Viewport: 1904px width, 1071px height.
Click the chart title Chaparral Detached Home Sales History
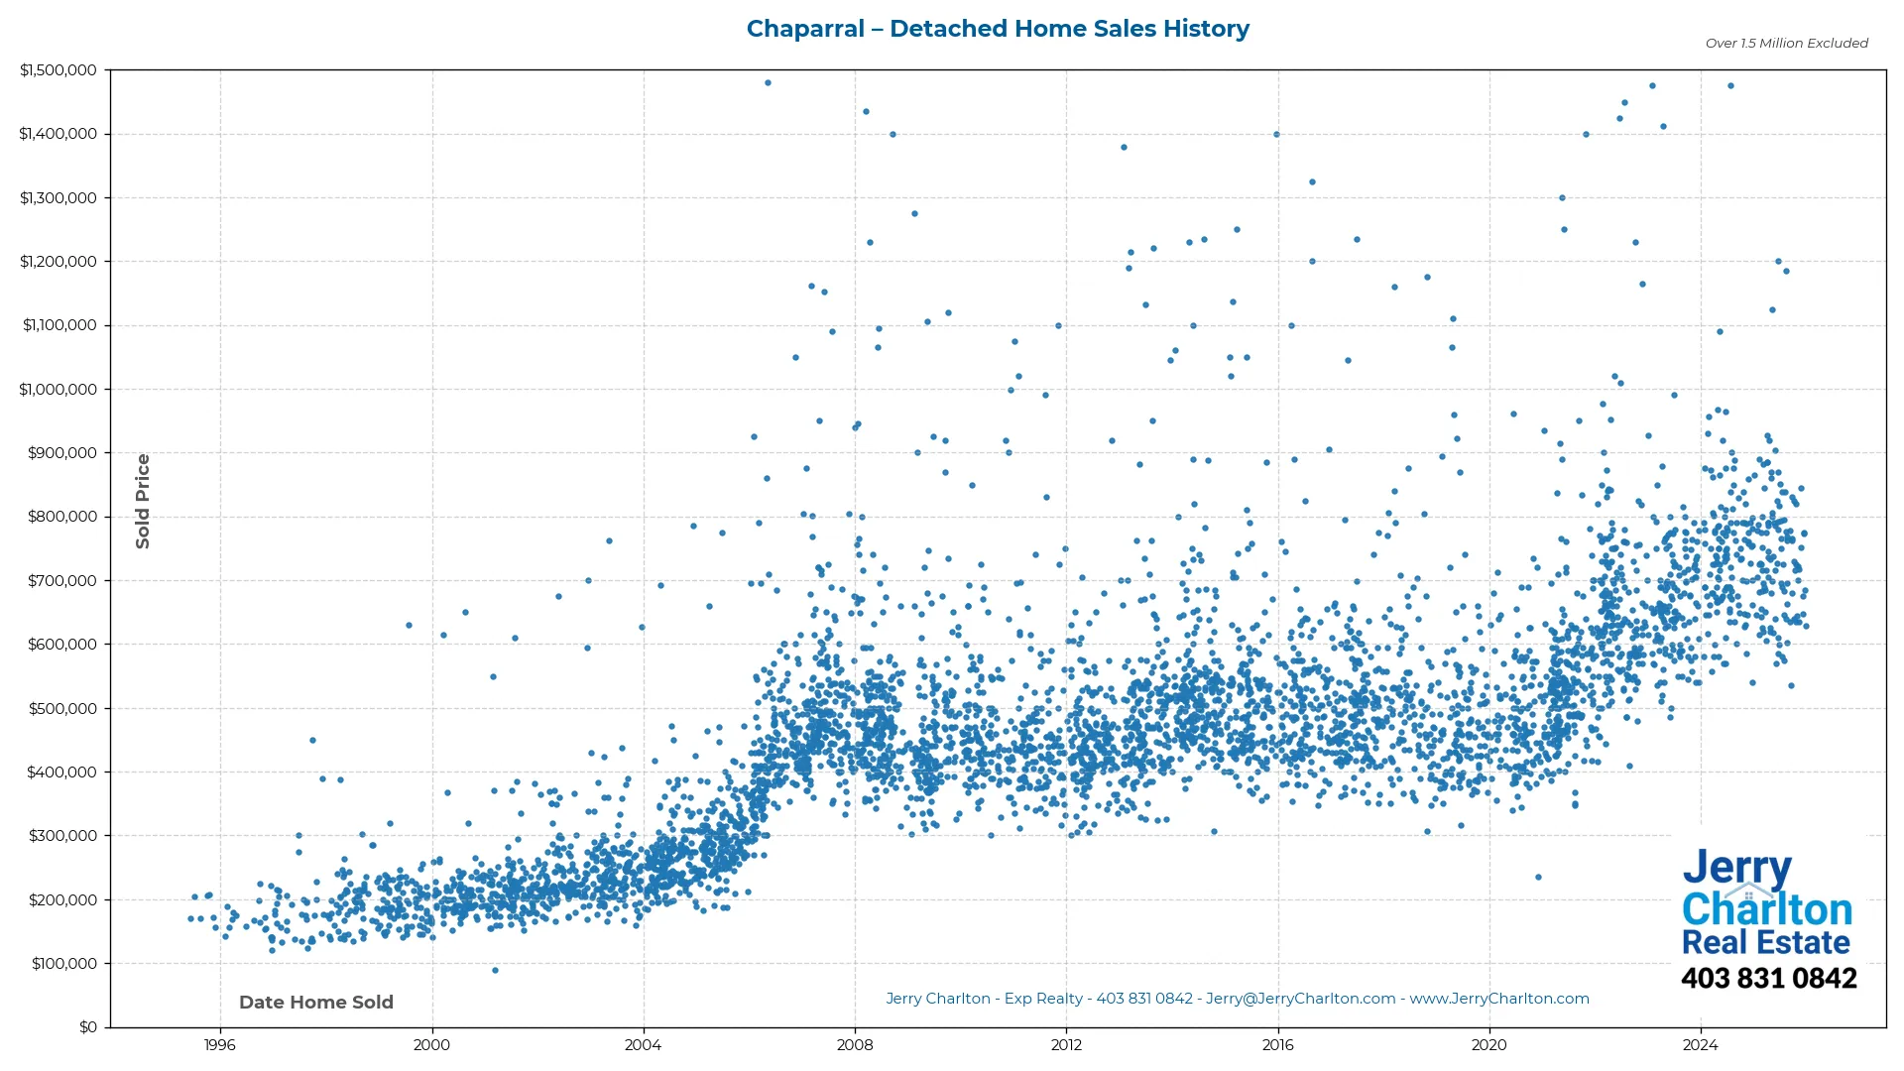(x=997, y=29)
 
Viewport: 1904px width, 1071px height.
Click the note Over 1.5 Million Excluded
(x=1786, y=44)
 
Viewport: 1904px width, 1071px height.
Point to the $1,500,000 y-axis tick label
(x=59, y=70)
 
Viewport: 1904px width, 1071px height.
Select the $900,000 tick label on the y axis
(x=62, y=453)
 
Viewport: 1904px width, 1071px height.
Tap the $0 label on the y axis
(x=88, y=1027)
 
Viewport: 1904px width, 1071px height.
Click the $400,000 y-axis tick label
(x=62, y=773)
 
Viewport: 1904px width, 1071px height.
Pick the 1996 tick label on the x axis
(x=220, y=1045)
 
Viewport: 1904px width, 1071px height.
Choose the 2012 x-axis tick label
(x=1066, y=1045)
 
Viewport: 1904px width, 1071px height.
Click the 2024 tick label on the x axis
(x=1701, y=1045)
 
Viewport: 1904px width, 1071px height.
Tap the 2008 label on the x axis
(x=855, y=1045)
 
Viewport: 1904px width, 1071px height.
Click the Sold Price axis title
(x=143, y=501)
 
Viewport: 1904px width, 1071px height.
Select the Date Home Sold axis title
(x=316, y=1003)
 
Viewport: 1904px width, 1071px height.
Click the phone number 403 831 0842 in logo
(x=1768, y=979)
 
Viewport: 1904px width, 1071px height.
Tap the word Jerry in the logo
(x=1736, y=869)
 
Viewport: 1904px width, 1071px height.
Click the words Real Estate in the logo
(x=1765, y=942)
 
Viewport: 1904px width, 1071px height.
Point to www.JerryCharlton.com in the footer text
(x=1499, y=999)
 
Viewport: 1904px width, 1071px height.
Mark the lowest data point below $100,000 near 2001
(x=496, y=970)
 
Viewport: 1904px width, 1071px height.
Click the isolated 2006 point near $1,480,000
(x=768, y=83)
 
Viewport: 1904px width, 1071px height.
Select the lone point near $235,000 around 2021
(x=1538, y=878)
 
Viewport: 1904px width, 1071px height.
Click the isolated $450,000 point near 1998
(x=312, y=741)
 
